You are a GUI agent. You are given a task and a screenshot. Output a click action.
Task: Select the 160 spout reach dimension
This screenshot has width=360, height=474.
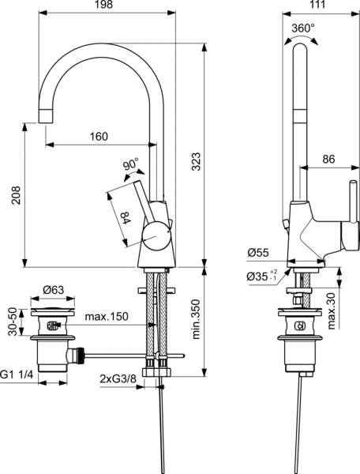99,137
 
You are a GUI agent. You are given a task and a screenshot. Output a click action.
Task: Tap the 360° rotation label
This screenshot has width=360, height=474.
302,28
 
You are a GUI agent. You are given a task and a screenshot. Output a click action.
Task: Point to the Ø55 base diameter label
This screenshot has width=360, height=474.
258,253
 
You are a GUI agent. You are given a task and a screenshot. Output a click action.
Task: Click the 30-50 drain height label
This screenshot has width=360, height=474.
11,322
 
